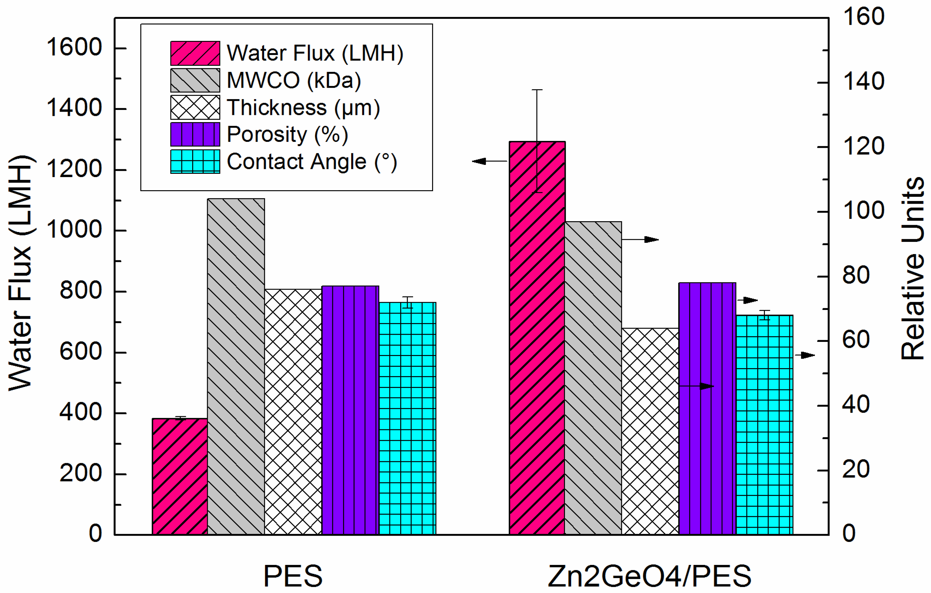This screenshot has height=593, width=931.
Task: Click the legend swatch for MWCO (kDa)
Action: tap(195, 80)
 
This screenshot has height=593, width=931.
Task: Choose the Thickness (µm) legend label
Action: tap(303, 107)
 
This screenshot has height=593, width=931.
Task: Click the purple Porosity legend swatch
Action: tap(195, 134)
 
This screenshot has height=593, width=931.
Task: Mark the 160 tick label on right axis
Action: tap(863, 17)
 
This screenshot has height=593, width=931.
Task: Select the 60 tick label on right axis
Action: tap(856, 340)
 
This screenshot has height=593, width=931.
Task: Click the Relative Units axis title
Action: tap(912, 269)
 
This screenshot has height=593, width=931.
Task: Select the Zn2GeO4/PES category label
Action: tap(649, 576)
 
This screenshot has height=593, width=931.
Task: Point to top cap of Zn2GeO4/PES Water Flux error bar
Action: tap(537, 90)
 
